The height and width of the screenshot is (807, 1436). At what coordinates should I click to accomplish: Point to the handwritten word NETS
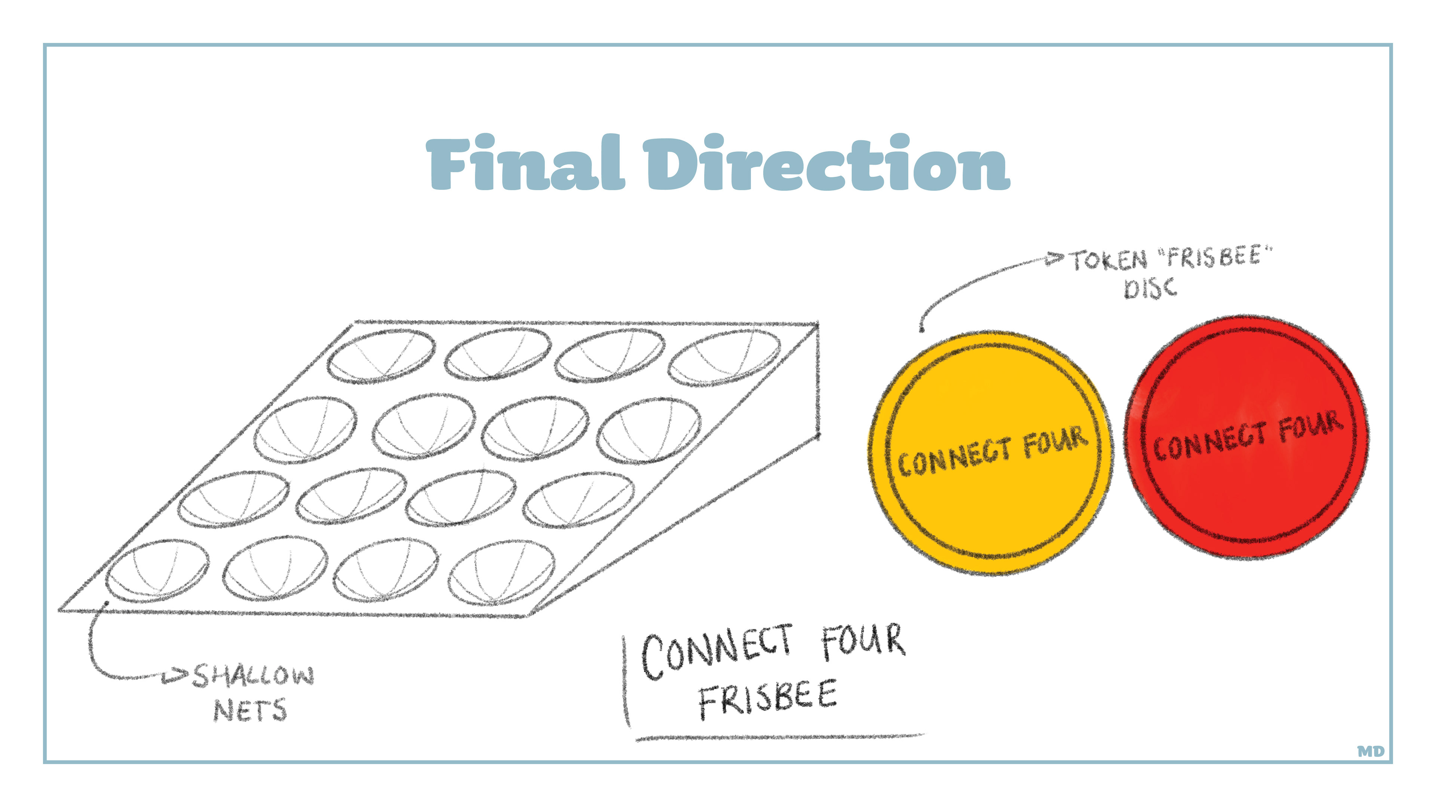pyautogui.click(x=250, y=710)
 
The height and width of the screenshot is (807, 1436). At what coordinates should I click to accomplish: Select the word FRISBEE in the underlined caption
pyautogui.click(x=768, y=699)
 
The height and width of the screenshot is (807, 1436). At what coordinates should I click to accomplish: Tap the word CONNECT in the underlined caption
pyautogui.click(x=718, y=652)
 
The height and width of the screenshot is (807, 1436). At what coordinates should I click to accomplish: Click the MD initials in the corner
pyautogui.click(x=1370, y=751)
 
